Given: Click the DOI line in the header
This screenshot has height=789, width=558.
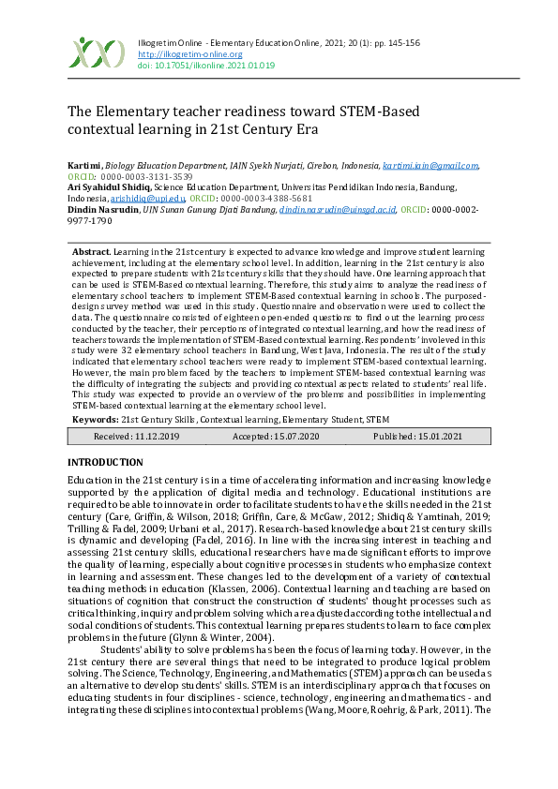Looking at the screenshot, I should tap(206, 66).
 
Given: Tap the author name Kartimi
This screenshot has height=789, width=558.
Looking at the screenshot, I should tap(83, 165).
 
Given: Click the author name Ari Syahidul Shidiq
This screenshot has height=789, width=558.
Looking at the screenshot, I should tap(109, 187).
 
